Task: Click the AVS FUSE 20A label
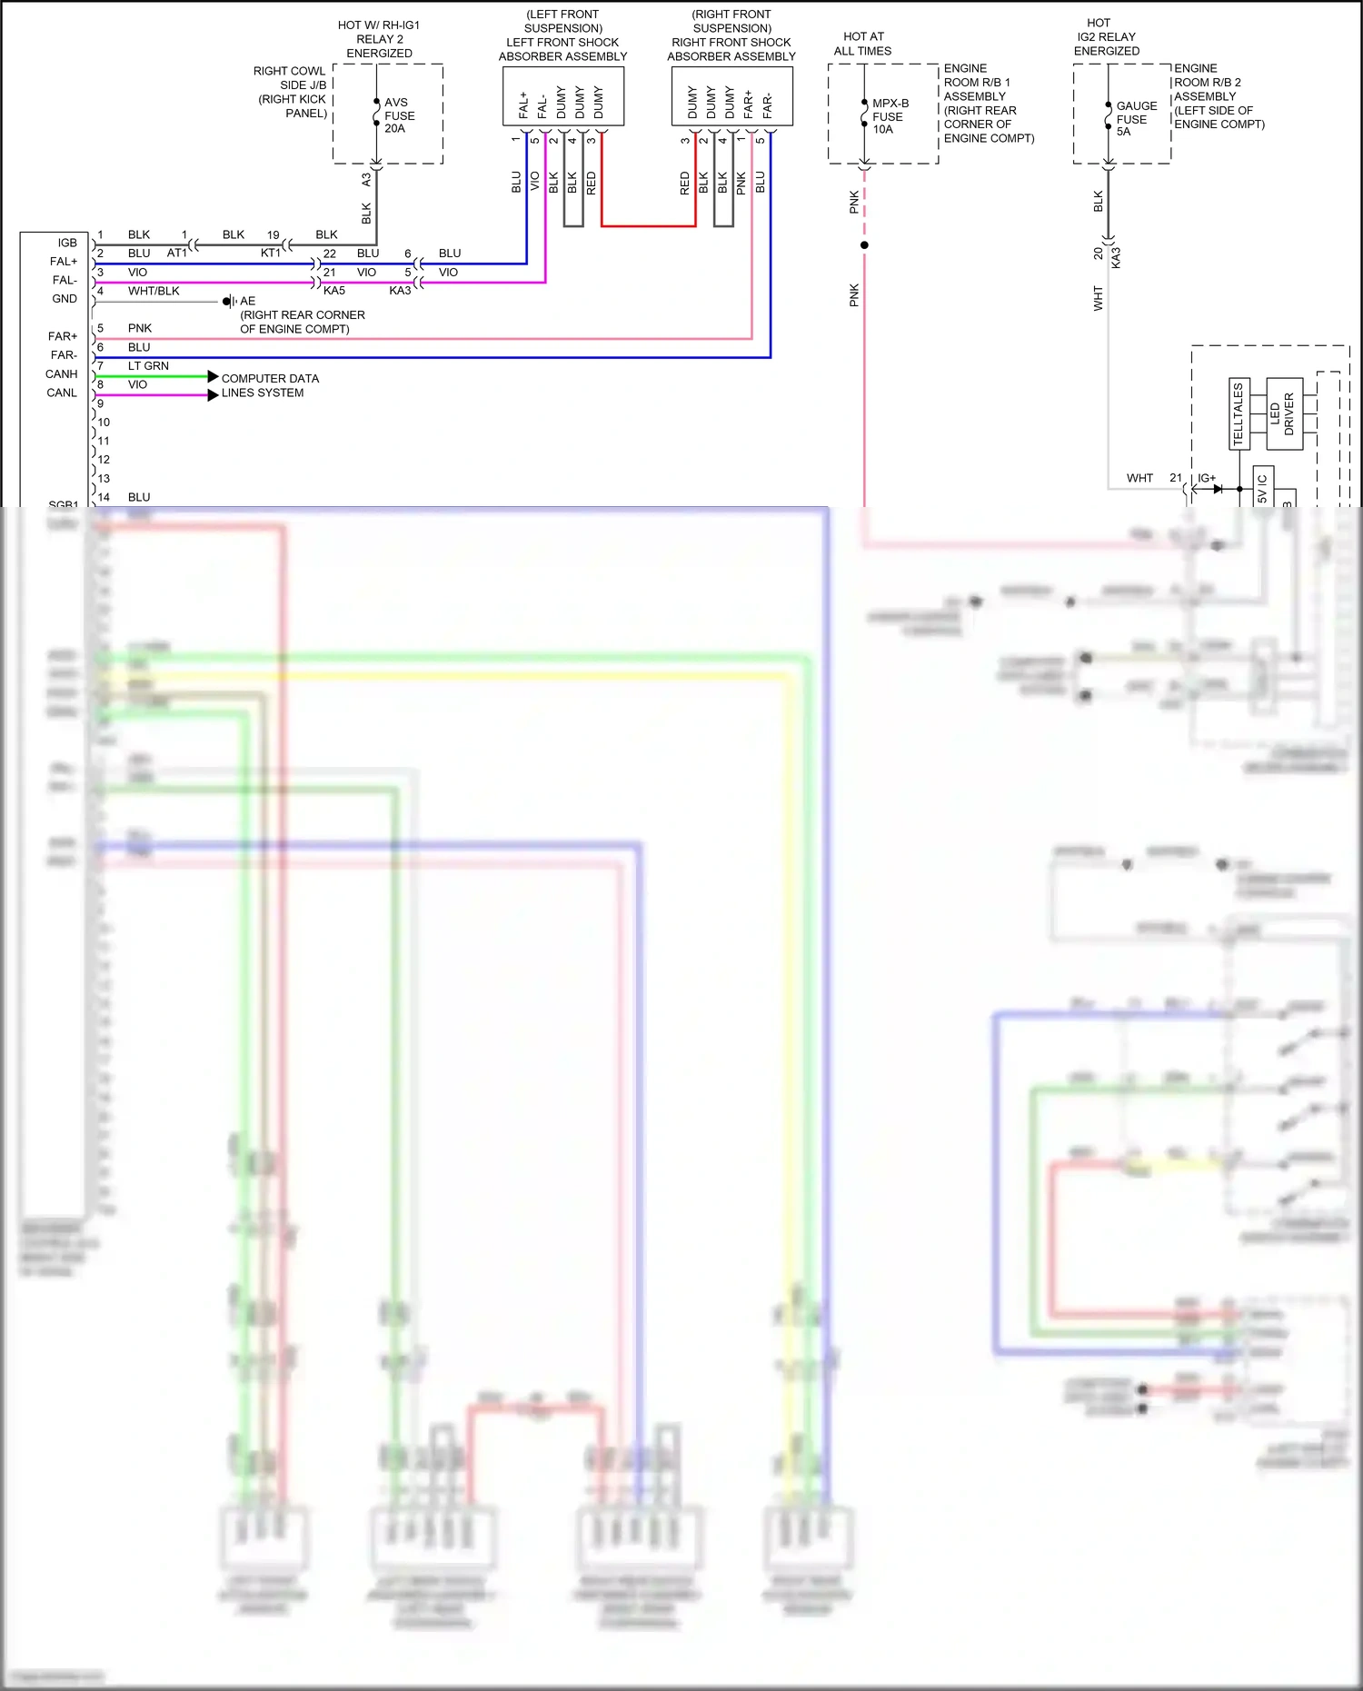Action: click(399, 115)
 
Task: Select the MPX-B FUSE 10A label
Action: click(890, 116)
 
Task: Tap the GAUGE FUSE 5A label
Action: click(1136, 119)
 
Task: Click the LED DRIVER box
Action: click(1283, 414)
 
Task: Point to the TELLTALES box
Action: click(1239, 414)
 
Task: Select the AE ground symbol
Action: click(229, 302)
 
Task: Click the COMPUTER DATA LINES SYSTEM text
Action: click(269, 386)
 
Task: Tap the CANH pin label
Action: click(62, 374)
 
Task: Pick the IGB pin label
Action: click(67, 243)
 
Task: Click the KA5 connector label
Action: click(333, 291)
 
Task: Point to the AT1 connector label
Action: click(177, 254)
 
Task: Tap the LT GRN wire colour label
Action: click(148, 366)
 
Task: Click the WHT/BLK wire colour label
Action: click(154, 291)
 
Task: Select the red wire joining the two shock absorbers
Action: click(648, 225)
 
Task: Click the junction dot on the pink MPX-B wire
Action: click(864, 245)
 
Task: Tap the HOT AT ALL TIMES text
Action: click(862, 44)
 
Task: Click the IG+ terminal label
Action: click(1206, 478)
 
